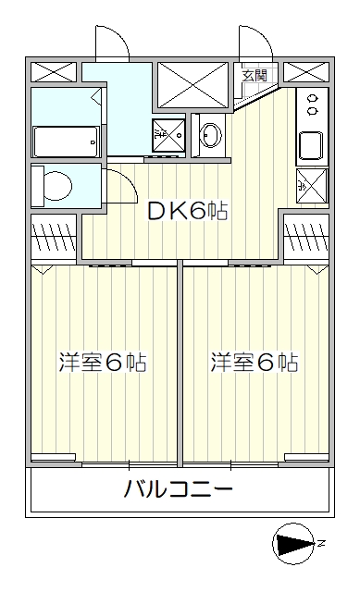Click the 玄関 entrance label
[x=254, y=76]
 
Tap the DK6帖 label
[x=187, y=212]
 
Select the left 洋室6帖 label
[x=103, y=363]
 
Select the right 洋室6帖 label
[x=254, y=363]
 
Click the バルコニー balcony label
[x=179, y=489]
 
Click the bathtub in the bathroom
[x=66, y=142]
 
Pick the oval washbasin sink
[x=211, y=135]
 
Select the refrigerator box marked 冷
[x=312, y=186]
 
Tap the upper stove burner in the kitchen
[x=313, y=99]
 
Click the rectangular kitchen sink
[x=311, y=146]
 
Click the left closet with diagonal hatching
[x=54, y=236]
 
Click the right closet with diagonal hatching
[x=306, y=236]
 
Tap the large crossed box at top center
[x=193, y=84]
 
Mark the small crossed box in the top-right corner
[x=306, y=72]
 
